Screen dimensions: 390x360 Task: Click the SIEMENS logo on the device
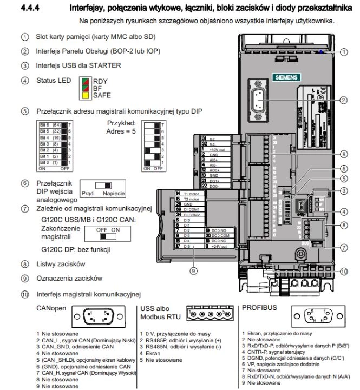tap(284, 76)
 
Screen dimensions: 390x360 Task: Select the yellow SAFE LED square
tap(84, 95)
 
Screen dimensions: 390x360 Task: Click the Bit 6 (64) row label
tap(51, 124)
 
